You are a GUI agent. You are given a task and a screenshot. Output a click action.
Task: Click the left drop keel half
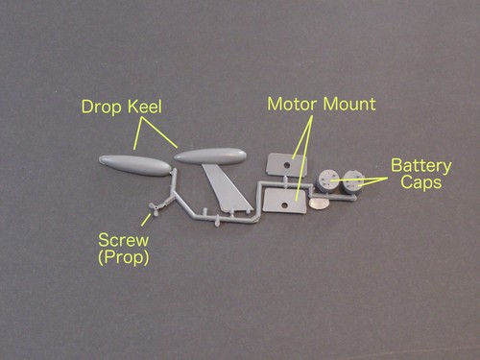point(134,164)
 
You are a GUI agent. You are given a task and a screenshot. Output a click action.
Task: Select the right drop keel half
point(210,155)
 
